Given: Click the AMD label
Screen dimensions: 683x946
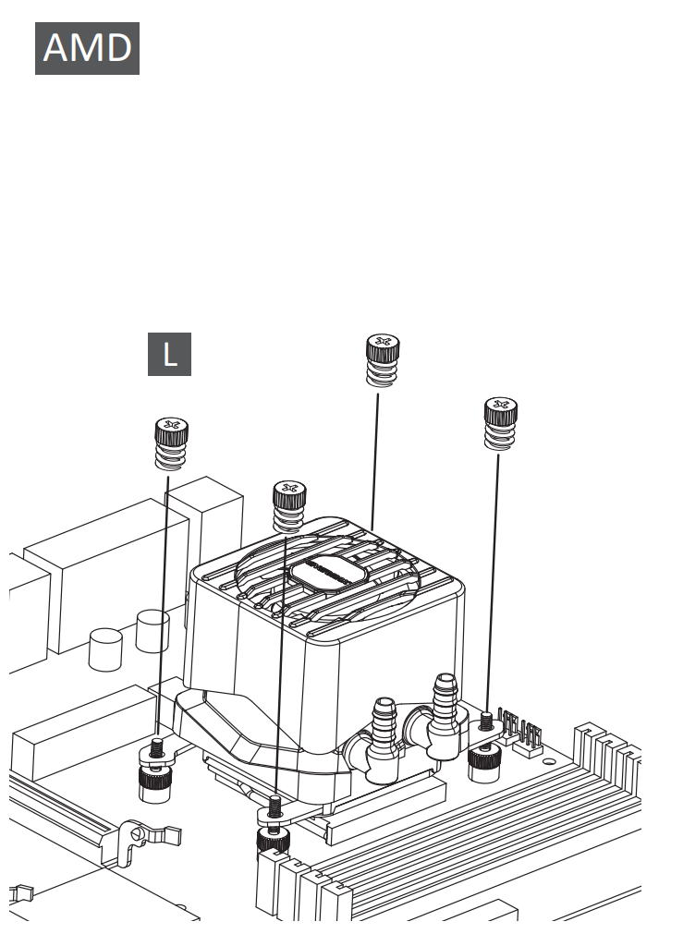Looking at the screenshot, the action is (x=87, y=48).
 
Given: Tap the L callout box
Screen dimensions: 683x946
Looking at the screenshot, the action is (x=169, y=354).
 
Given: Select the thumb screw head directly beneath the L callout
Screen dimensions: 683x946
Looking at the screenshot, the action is (x=171, y=431).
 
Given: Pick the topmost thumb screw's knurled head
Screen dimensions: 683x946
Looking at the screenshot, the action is (x=383, y=347).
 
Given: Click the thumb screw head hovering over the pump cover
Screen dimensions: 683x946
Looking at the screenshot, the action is (x=289, y=494).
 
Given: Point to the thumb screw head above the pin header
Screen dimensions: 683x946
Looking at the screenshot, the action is (x=501, y=410).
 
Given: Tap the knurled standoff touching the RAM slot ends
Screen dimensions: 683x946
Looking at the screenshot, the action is (x=272, y=841).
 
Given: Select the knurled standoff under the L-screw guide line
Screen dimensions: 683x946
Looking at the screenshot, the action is (x=155, y=783).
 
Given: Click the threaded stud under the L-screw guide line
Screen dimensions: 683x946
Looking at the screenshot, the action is (x=157, y=746).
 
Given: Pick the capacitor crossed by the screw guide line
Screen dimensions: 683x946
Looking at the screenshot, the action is (x=152, y=631).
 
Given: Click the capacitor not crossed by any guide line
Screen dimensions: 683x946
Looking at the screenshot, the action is (x=105, y=649).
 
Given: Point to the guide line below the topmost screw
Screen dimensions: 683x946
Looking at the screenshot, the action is (x=375, y=462).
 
